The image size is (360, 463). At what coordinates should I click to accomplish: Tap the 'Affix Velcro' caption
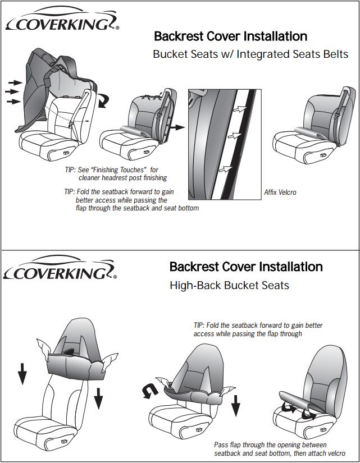(280, 192)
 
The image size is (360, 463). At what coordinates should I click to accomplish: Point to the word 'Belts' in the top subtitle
(335, 54)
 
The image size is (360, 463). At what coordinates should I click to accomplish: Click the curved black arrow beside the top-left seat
(104, 100)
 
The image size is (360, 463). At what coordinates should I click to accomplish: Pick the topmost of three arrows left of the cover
(16, 82)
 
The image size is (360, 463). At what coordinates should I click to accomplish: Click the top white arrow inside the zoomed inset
(239, 109)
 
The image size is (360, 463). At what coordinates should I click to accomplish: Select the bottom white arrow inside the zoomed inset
(225, 169)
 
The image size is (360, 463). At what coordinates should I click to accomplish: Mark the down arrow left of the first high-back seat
(22, 374)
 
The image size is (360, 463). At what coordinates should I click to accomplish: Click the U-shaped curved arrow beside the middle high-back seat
(150, 391)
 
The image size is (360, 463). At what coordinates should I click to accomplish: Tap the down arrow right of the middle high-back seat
(235, 405)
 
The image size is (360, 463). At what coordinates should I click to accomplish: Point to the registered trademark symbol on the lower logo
(115, 277)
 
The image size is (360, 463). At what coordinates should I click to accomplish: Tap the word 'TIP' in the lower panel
(198, 326)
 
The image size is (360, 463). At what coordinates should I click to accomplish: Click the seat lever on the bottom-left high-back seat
(64, 441)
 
